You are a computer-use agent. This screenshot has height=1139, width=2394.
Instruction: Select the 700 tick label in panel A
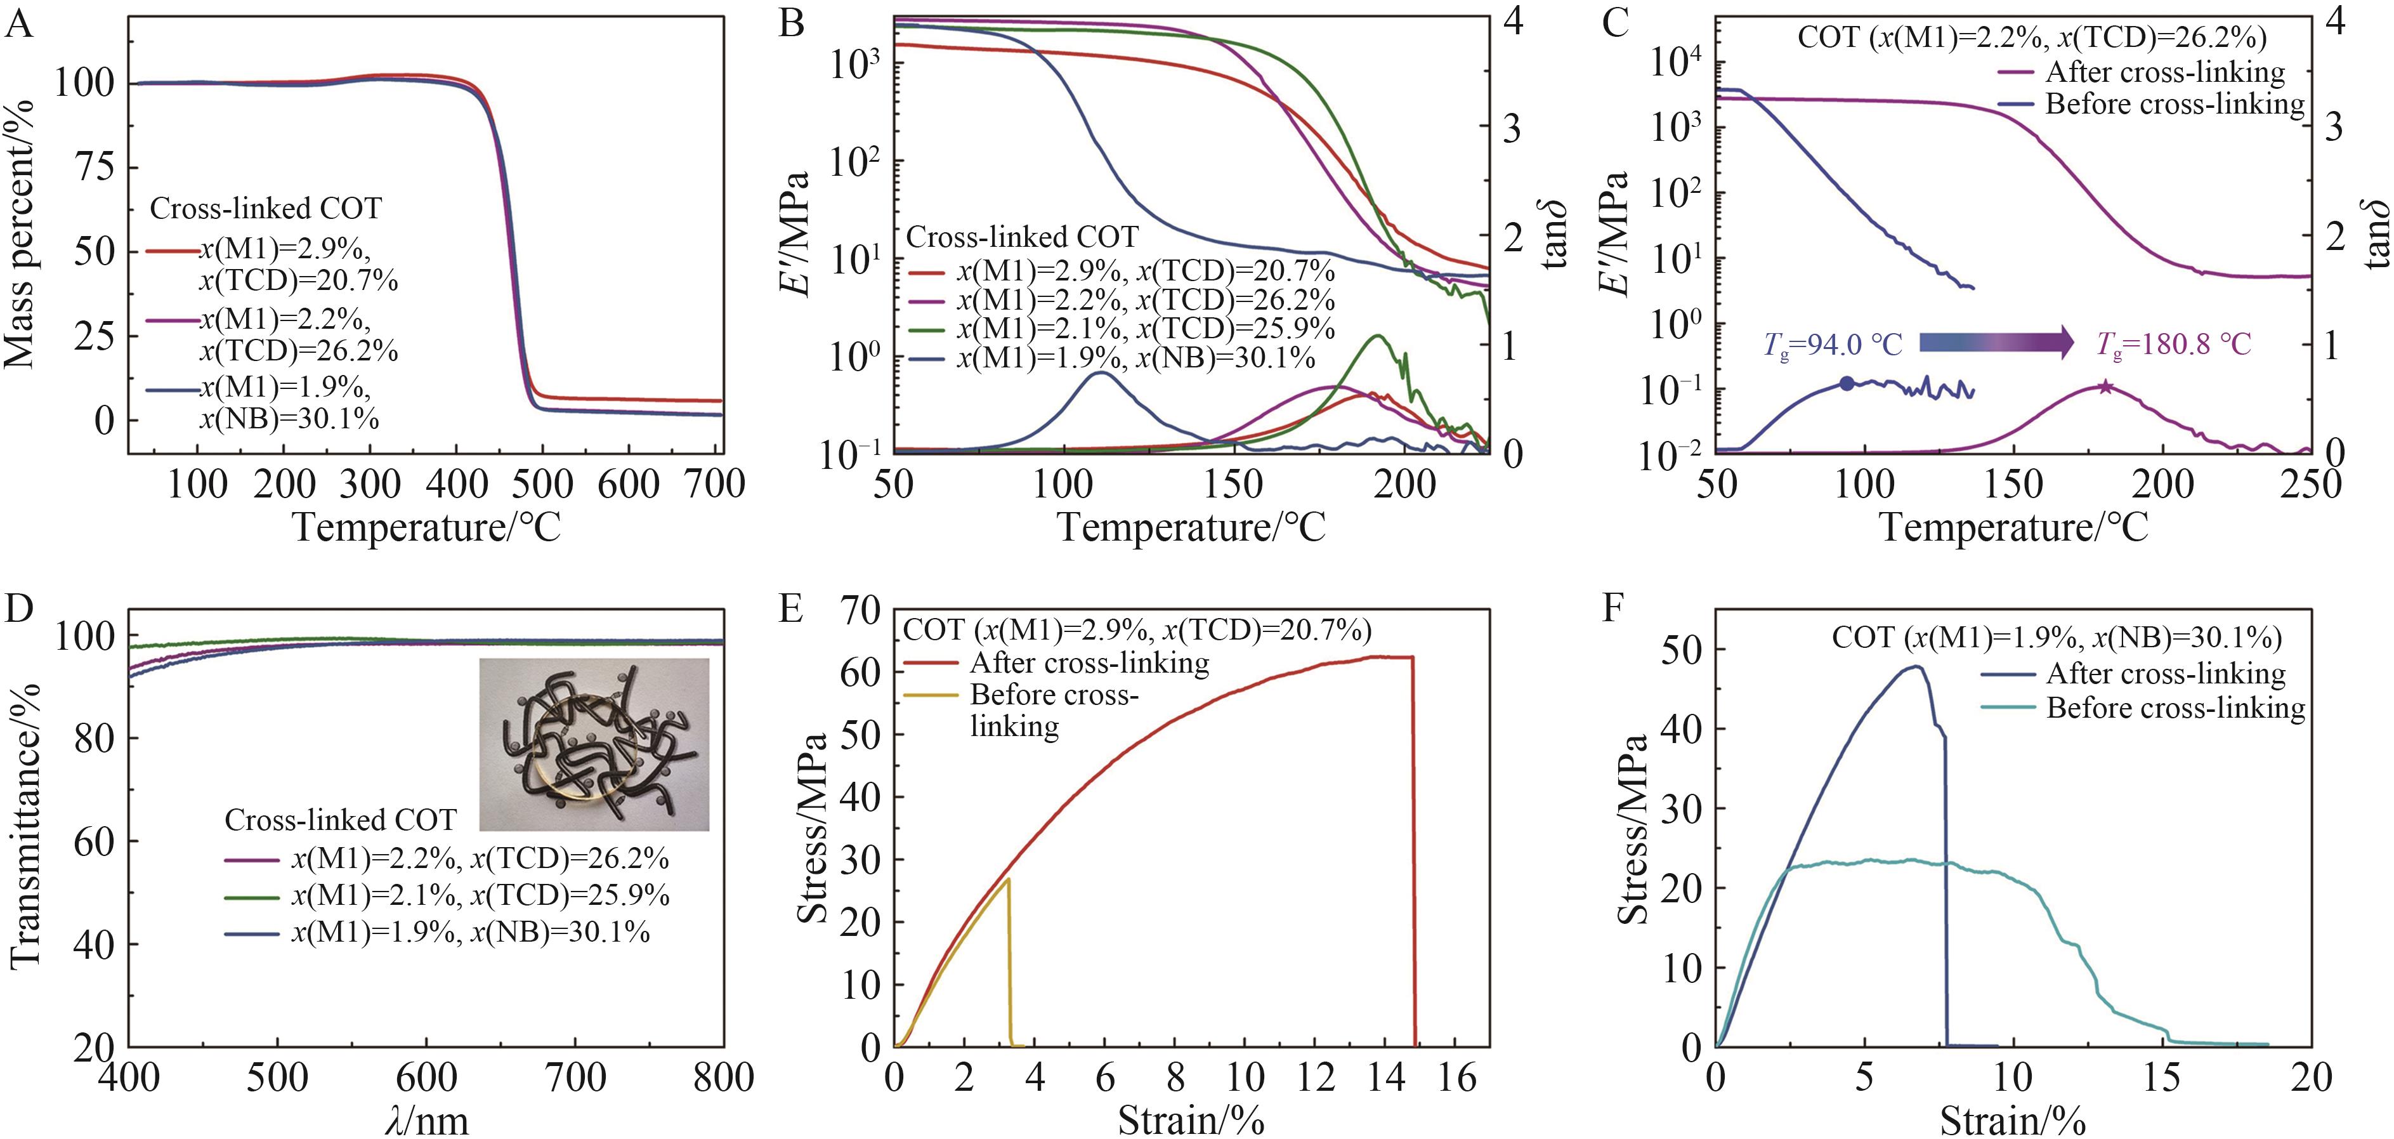(x=715, y=484)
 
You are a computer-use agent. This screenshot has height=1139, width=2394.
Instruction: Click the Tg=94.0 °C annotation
(x=1833, y=345)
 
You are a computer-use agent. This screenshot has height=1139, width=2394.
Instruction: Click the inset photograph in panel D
(x=594, y=744)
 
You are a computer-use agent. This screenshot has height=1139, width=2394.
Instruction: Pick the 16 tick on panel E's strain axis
(x=1457, y=1079)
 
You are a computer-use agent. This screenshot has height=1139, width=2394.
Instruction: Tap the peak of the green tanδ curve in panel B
(x=1377, y=336)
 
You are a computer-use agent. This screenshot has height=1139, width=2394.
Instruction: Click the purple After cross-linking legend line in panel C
(x=2017, y=72)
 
